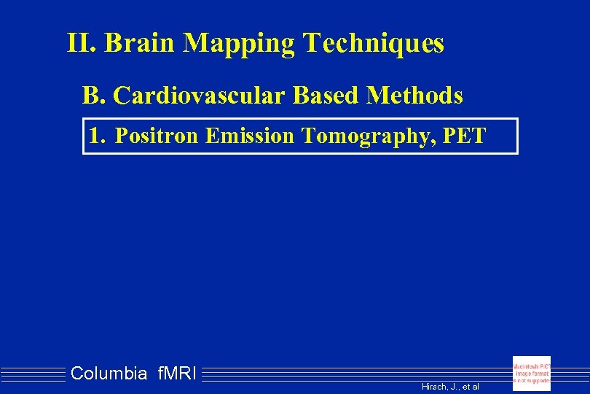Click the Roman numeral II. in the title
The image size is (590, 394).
(82, 44)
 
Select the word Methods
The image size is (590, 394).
(416, 95)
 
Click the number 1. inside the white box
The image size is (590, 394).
(97, 136)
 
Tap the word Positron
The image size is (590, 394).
(157, 136)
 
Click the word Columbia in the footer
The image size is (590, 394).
(109, 374)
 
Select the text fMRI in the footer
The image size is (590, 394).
(176, 374)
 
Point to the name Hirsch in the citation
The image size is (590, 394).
(435, 387)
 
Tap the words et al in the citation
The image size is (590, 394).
(470, 387)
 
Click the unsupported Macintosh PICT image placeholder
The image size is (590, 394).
(531, 373)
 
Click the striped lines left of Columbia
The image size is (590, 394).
(33, 374)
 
